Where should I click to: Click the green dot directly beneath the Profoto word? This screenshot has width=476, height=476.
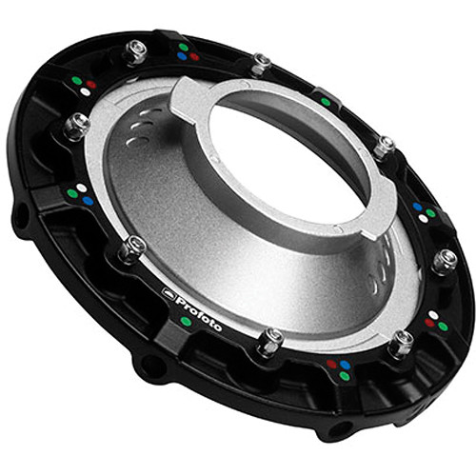(186, 322)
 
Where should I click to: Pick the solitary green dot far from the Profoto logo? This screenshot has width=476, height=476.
(326, 102)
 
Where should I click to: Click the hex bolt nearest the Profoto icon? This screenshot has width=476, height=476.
(131, 248)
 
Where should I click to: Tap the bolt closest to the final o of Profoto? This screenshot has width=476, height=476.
(270, 341)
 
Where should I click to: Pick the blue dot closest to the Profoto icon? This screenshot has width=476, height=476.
(88, 201)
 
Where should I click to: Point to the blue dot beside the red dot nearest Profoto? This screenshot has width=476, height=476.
(345, 365)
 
